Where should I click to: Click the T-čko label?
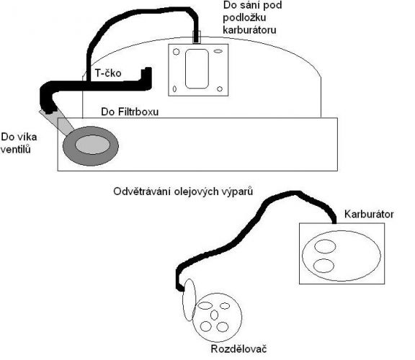tap(108, 73)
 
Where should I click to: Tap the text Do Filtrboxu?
tap(130, 112)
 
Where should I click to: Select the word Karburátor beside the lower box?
tap(369, 214)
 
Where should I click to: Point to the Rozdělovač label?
tap(238, 349)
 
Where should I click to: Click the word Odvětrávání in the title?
tap(142, 192)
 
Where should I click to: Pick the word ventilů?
tap(15, 150)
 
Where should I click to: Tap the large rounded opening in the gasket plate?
tap(197, 69)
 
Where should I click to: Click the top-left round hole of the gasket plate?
tap(177, 52)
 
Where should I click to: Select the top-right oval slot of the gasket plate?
tap(218, 51)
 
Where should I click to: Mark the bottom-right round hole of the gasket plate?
tap(220, 89)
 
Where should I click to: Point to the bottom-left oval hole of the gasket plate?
tap(174, 89)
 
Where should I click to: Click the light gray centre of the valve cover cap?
tap(92, 145)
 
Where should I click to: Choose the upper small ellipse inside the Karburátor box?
tap(325, 246)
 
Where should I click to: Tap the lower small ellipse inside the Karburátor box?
tap(323, 266)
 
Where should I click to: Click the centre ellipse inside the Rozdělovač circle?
tap(214, 315)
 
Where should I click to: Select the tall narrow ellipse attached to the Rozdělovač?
tap(189, 300)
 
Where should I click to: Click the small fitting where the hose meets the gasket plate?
tap(196, 37)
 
